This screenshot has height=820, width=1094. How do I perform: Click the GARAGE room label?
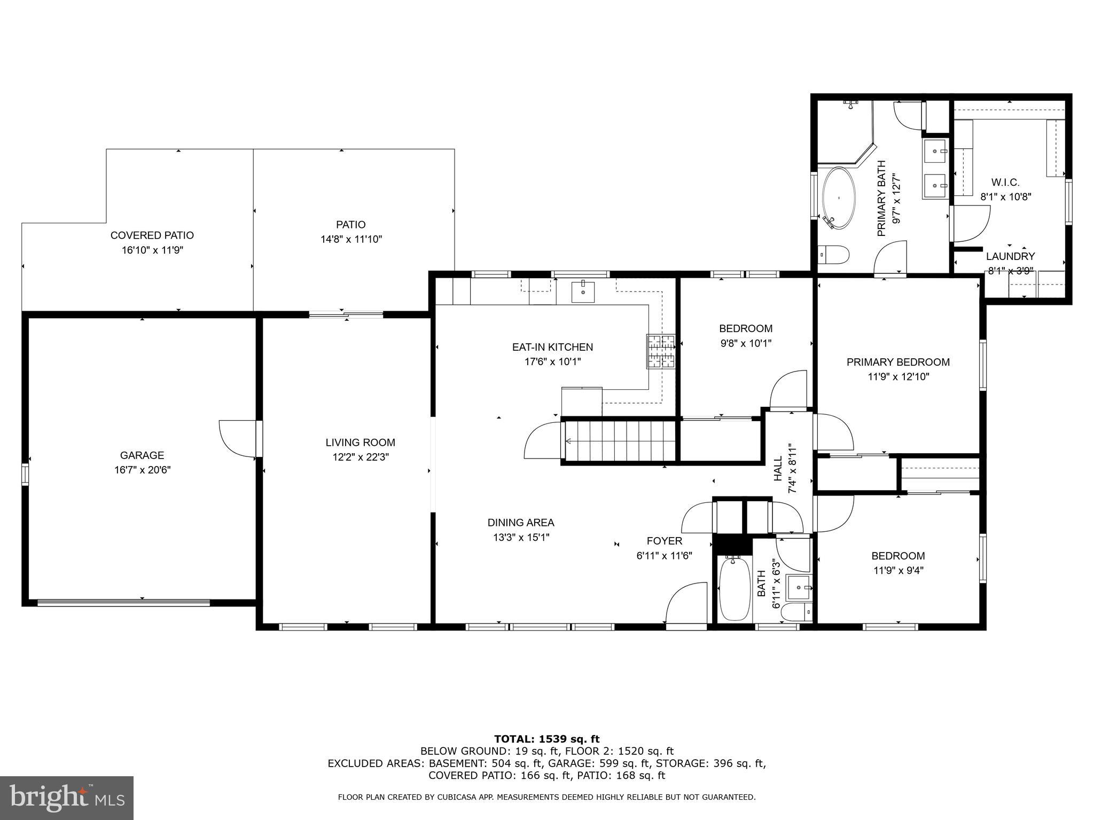coord(142,455)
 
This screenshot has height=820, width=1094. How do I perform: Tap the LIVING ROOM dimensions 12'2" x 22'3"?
coord(360,457)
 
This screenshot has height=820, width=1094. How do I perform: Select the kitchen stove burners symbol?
coord(661,351)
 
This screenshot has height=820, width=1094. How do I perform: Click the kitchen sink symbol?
coord(583,291)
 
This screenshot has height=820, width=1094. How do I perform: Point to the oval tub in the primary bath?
coord(838,199)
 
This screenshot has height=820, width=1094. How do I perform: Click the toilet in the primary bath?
coord(833,255)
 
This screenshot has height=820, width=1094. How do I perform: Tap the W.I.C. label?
coord(1005,182)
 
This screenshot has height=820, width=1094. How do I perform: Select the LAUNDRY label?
coord(1010,256)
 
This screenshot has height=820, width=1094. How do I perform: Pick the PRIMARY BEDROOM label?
coord(898,362)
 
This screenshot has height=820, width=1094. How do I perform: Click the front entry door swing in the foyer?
coord(686,603)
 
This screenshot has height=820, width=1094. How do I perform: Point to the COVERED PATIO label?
coord(152,235)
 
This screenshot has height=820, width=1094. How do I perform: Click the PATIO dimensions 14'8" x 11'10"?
coord(351,239)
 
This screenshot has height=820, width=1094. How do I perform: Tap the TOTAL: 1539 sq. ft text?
coord(546,739)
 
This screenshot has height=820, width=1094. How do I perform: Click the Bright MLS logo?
coord(66,798)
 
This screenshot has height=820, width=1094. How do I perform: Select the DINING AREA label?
coord(520,523)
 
